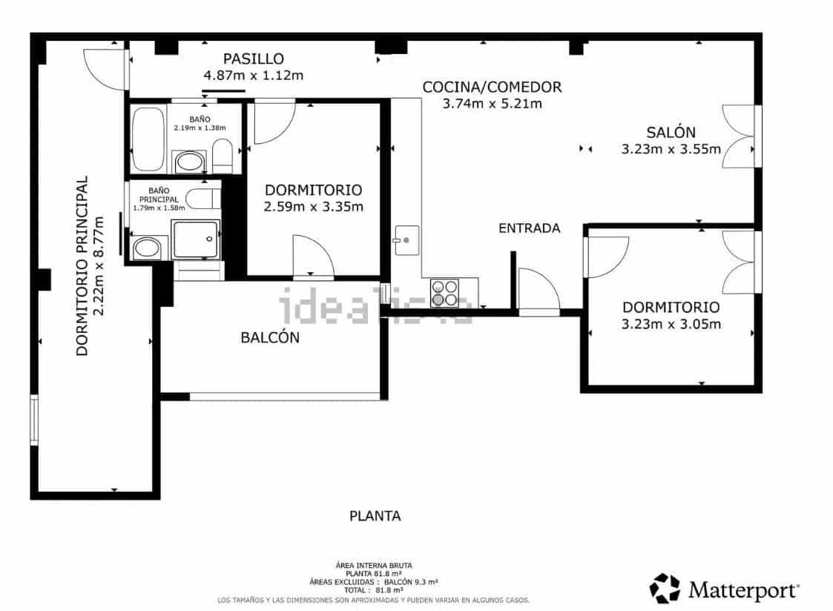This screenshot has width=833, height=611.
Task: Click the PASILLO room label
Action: tap(254, 59)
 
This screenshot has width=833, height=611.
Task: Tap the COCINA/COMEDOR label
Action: tap(492, 87)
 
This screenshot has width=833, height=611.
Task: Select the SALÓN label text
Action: tap(671, 133)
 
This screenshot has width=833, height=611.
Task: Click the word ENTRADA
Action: tap(529, 228)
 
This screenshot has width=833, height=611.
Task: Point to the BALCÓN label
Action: tap(270, 337)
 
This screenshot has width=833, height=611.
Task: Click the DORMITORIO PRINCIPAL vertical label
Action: tap(82, 265)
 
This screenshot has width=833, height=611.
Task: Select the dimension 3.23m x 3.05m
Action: tap(671, 323)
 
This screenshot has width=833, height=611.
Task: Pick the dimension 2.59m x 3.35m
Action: tap(313, 206)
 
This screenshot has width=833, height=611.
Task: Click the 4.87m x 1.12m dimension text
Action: tap(254, 75)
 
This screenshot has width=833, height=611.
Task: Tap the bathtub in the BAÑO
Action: tap(148, 139)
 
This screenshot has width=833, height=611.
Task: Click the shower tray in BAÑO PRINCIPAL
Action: tap(196, 238)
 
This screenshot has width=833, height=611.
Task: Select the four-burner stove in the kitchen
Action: tap(444, 293)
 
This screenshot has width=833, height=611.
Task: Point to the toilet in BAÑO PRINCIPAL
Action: tap(202, 199)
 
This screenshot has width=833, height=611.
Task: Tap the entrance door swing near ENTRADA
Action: tap(538, 292)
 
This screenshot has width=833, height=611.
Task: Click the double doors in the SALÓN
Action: tap(740, 136)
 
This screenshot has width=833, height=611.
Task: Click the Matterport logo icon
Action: tap(665, 588)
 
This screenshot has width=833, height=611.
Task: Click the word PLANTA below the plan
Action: tap(375, 516)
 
